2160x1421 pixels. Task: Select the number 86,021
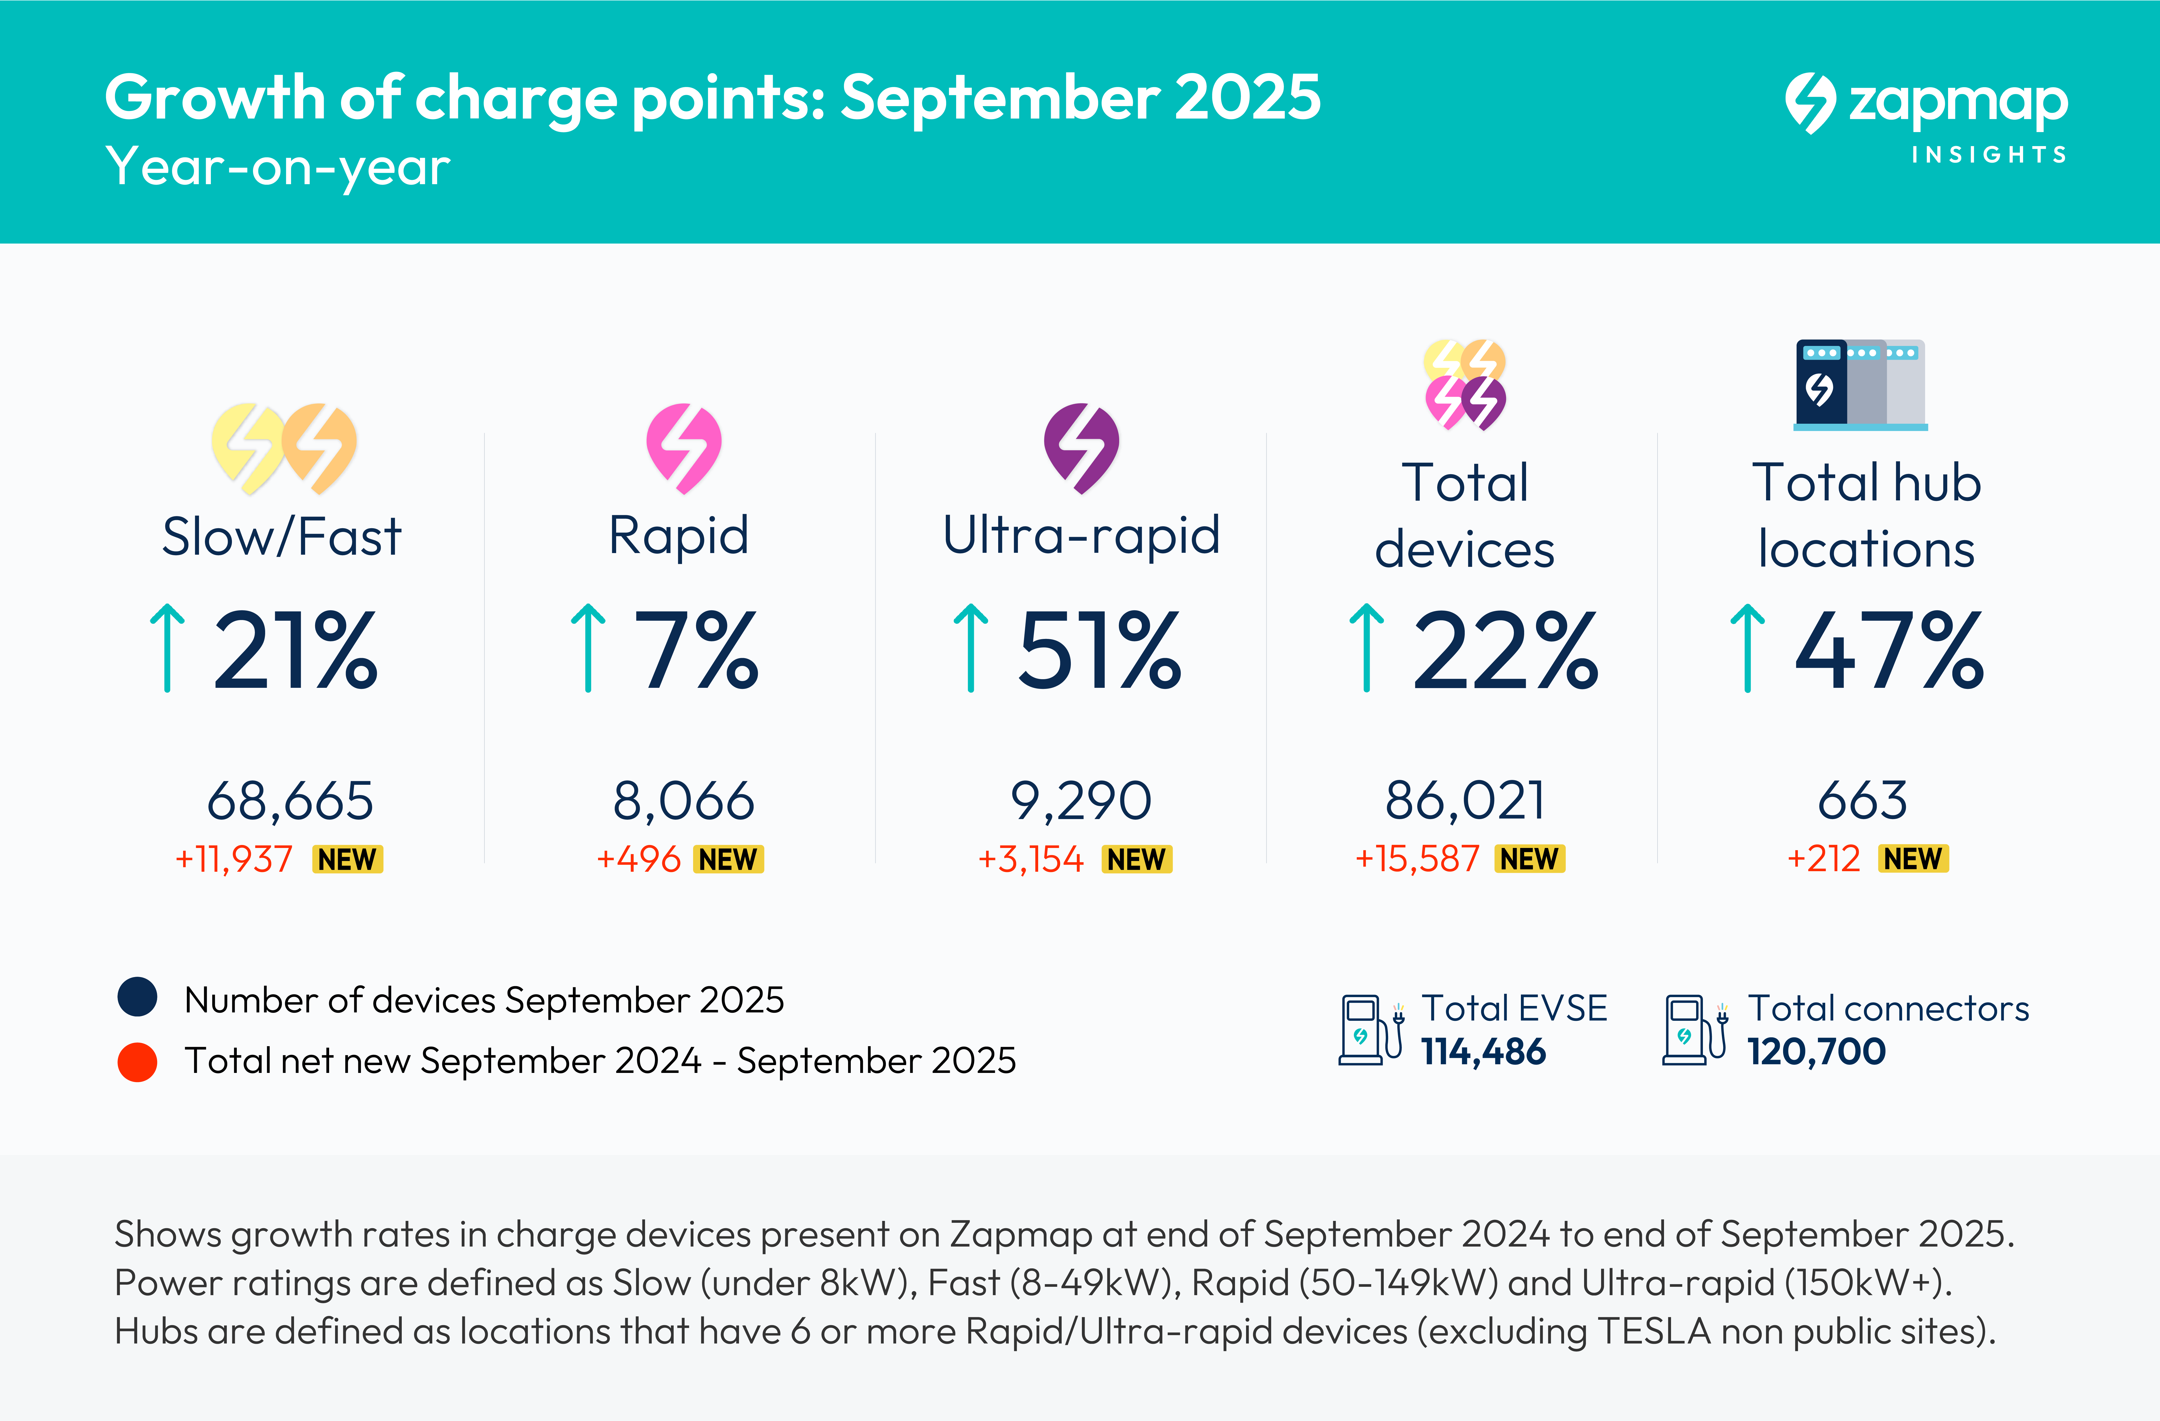[x=1465, y=801]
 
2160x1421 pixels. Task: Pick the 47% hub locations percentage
[x=1889, y=650]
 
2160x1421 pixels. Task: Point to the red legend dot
[x=137, y=1062]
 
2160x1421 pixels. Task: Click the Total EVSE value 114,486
[x=1483, y=1052]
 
